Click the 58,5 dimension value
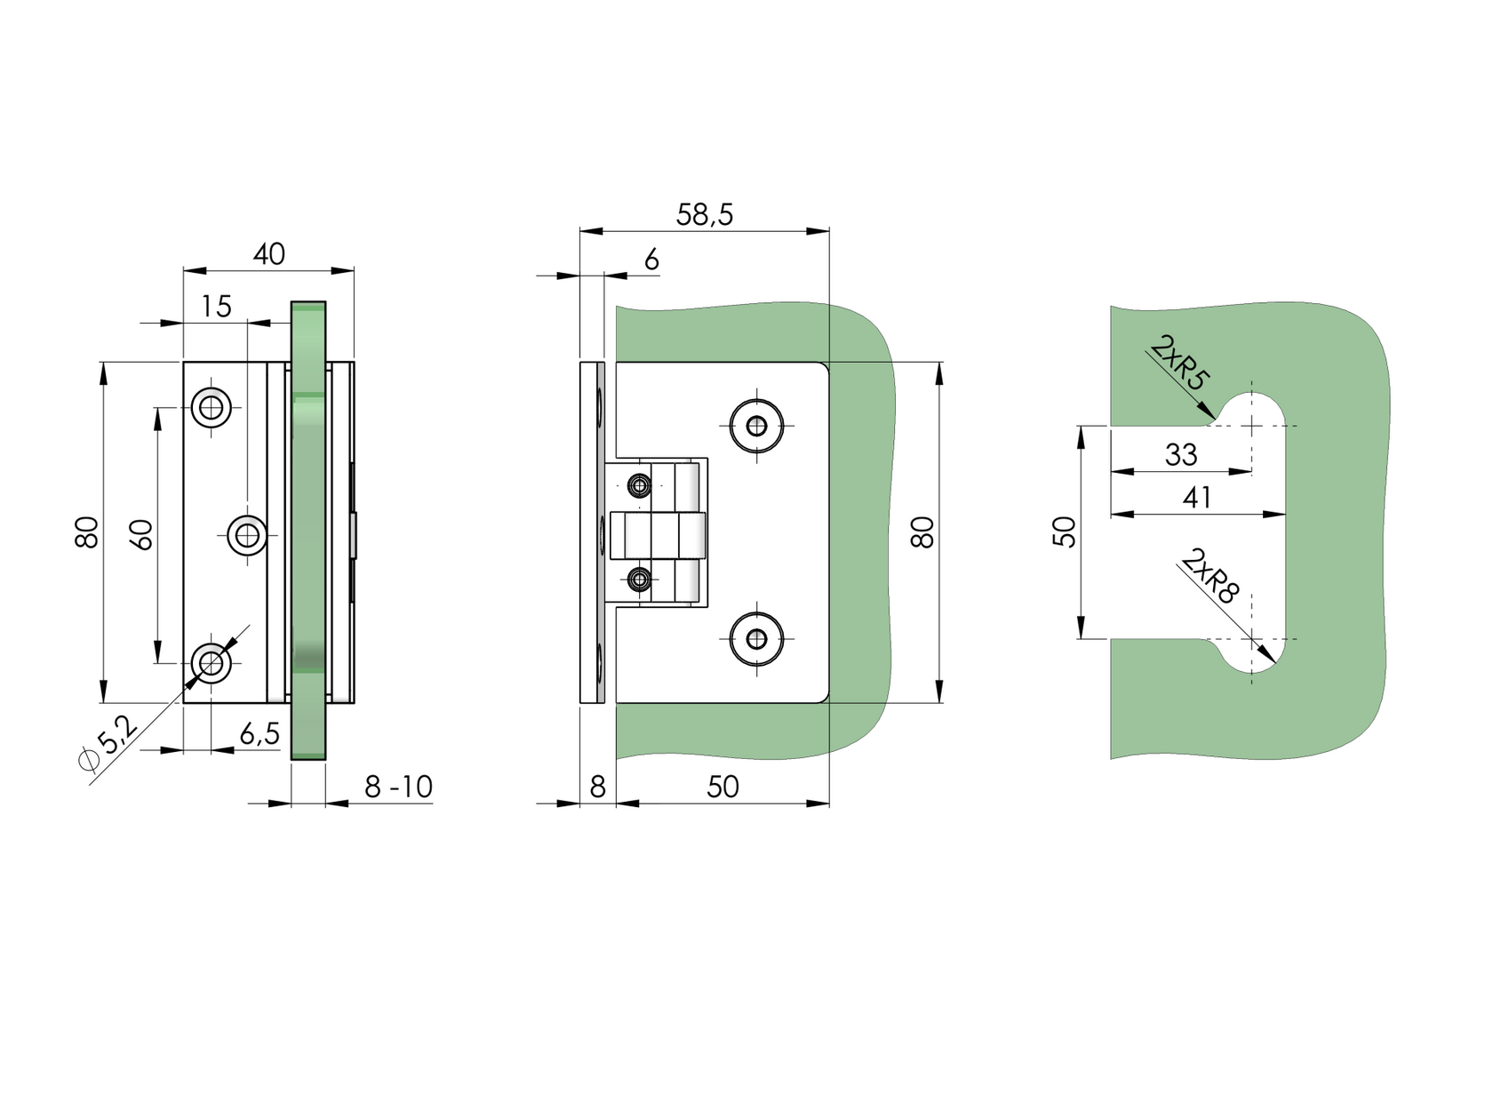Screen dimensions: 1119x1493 [704, 215]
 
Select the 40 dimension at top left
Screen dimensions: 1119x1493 [268, 254]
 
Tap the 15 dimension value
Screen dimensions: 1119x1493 [216, 307]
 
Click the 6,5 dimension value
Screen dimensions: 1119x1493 [259, 734]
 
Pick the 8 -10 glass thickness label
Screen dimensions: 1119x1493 [398, 787]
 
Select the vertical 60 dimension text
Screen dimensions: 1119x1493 [142, 535]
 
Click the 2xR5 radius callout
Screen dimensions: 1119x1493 [1180, 364]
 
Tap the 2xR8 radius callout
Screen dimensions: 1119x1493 [1209, 577]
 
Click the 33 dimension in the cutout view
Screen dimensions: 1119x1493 [1180, 455]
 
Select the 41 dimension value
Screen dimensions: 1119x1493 [1196, 498]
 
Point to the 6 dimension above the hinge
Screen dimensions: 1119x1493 [651, 260]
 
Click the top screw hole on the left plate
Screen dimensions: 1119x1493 [212, 408]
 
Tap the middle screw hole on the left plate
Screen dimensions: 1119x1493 [247, 535]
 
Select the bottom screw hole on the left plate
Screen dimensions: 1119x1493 [212, 662]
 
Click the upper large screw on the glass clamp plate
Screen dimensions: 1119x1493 [756, 426]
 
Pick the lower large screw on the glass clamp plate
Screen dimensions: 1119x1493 [756, 638]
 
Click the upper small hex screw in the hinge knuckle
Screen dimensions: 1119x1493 [639, 485]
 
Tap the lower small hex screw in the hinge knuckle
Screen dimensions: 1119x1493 [639, 579]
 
